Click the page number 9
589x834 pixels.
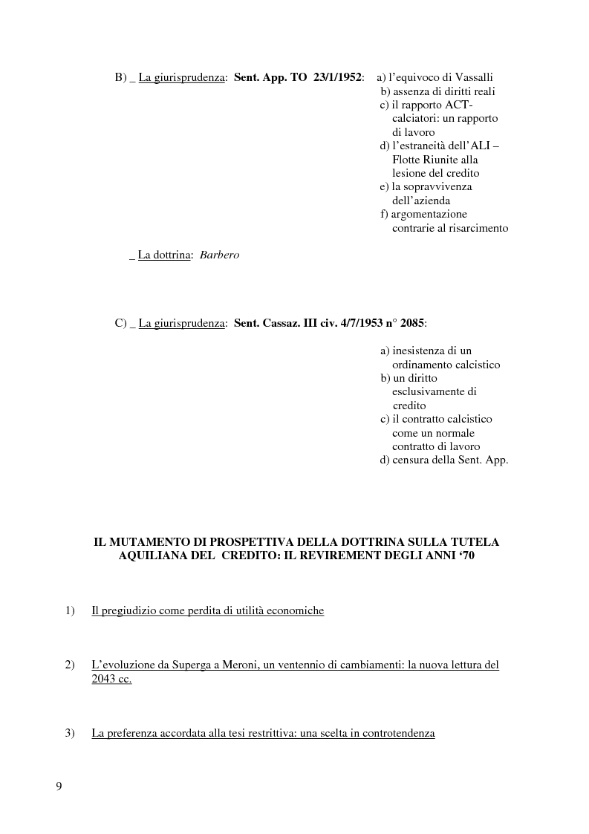(x=59, y=787)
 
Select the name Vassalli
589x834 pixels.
(x=472, y=77)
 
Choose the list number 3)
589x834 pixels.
(x=71, y=734)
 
